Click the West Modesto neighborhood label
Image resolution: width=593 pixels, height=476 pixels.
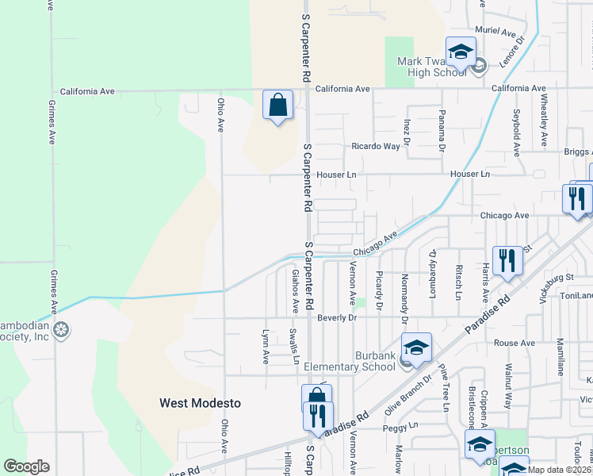200,403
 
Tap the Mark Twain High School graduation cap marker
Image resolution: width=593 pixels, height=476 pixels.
461,53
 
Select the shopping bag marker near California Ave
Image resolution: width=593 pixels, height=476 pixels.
277,106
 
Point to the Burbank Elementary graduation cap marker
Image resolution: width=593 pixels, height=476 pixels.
416,348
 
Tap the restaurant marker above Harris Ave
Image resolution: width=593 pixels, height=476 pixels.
507,261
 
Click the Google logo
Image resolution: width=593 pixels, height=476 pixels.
26,466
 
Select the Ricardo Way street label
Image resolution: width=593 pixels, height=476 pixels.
376,147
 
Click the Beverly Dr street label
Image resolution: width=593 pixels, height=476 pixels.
338,317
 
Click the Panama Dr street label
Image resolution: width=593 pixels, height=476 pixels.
442,130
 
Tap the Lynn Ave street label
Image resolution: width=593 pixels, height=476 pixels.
266,347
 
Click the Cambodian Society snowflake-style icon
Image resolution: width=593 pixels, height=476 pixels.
61,329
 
